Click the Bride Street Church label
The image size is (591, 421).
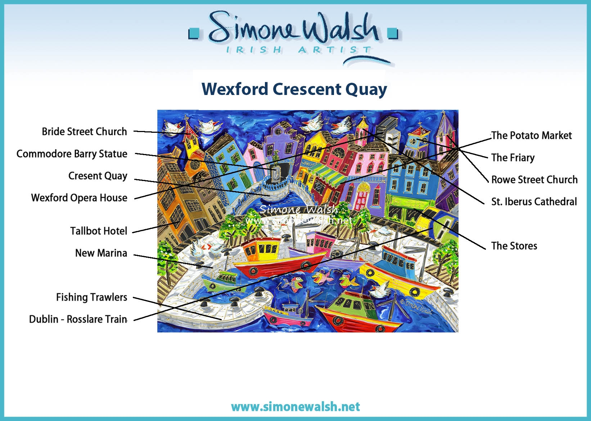pyautogui.click(x=85, y=131)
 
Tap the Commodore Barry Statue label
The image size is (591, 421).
pyautogui.click(x=72, y=154)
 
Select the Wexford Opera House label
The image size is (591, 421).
pyautogui.click(x=79, y=198)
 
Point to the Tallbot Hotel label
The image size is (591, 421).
pyautogui.click(x=99, y=231)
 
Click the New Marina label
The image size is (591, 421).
pyautogui.click(x=101, y=253)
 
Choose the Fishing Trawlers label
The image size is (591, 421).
pyautogui.click(x=91, y=297)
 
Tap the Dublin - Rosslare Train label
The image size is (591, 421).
pyautogui.click(x=78, y=319)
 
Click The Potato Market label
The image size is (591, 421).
pyautogui.click(x=531, y=135)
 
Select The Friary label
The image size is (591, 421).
pyautogui.click(x=513, y=158)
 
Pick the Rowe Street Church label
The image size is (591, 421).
pyautogui.click(x=534, y=180)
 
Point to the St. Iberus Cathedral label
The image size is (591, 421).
pyautogui.click(x=534, y=202)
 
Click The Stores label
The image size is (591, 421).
pyautogui.click(x=514, y=246)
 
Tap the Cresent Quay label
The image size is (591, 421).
pyautogui.click(x=98, y=176)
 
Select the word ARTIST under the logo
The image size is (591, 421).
pyautogui.click(x=335, y=50)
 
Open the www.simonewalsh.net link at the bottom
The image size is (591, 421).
pyautogui.click(x=295, y=407)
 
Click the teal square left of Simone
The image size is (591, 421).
pyautogui.click(x=194, y=34)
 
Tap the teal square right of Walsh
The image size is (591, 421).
pyautogui.click(x=392, y=33)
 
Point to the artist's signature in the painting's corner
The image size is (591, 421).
pyautogui.click(x=416, y=307)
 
